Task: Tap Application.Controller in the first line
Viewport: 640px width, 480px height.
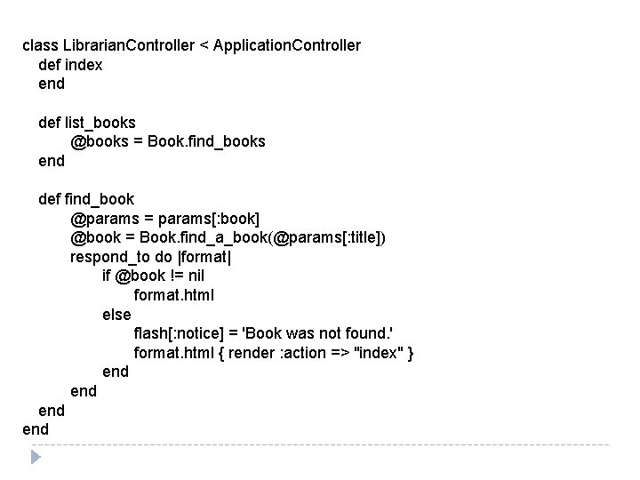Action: [x=287, y=45]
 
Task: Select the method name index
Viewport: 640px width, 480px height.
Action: [x=84, y=65]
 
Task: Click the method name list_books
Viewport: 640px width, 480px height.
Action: [x=100, y=122]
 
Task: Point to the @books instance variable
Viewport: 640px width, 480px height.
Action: [x=100, y=141]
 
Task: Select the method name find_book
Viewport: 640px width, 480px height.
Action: [x=100, y=199]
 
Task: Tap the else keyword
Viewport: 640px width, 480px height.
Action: [x=116, y=315]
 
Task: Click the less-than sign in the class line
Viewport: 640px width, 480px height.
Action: [x=204, y=45]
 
